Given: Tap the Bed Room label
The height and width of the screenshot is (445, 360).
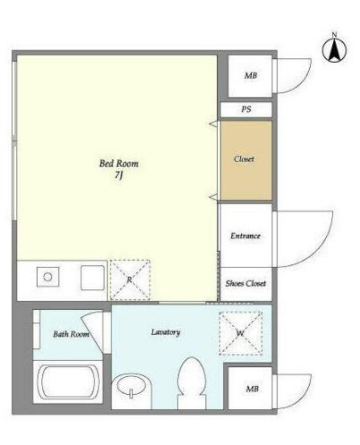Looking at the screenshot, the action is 119,164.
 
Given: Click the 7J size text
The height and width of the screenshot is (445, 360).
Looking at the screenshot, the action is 119,175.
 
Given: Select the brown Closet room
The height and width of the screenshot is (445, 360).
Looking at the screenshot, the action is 246,160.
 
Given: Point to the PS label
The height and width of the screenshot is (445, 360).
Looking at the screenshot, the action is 246,109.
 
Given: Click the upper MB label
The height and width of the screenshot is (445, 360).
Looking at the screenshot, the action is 250,76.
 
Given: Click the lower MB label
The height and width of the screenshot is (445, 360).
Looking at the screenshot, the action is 252,389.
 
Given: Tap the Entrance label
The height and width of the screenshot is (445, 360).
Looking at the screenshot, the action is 246,236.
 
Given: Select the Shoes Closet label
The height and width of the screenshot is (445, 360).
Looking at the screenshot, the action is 246,283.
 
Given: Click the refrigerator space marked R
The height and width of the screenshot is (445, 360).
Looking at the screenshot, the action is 130,280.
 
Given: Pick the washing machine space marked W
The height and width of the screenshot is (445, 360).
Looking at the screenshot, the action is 240,333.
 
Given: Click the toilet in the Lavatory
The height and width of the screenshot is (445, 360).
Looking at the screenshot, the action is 192,383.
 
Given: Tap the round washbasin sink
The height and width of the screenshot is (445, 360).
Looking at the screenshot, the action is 131,385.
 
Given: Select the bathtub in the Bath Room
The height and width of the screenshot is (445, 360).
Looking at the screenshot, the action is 68,382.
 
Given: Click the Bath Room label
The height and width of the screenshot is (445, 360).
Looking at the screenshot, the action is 71,334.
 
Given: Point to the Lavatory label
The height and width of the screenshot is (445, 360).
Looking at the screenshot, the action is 165,332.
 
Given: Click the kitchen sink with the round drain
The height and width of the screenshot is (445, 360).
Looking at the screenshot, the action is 47,277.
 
